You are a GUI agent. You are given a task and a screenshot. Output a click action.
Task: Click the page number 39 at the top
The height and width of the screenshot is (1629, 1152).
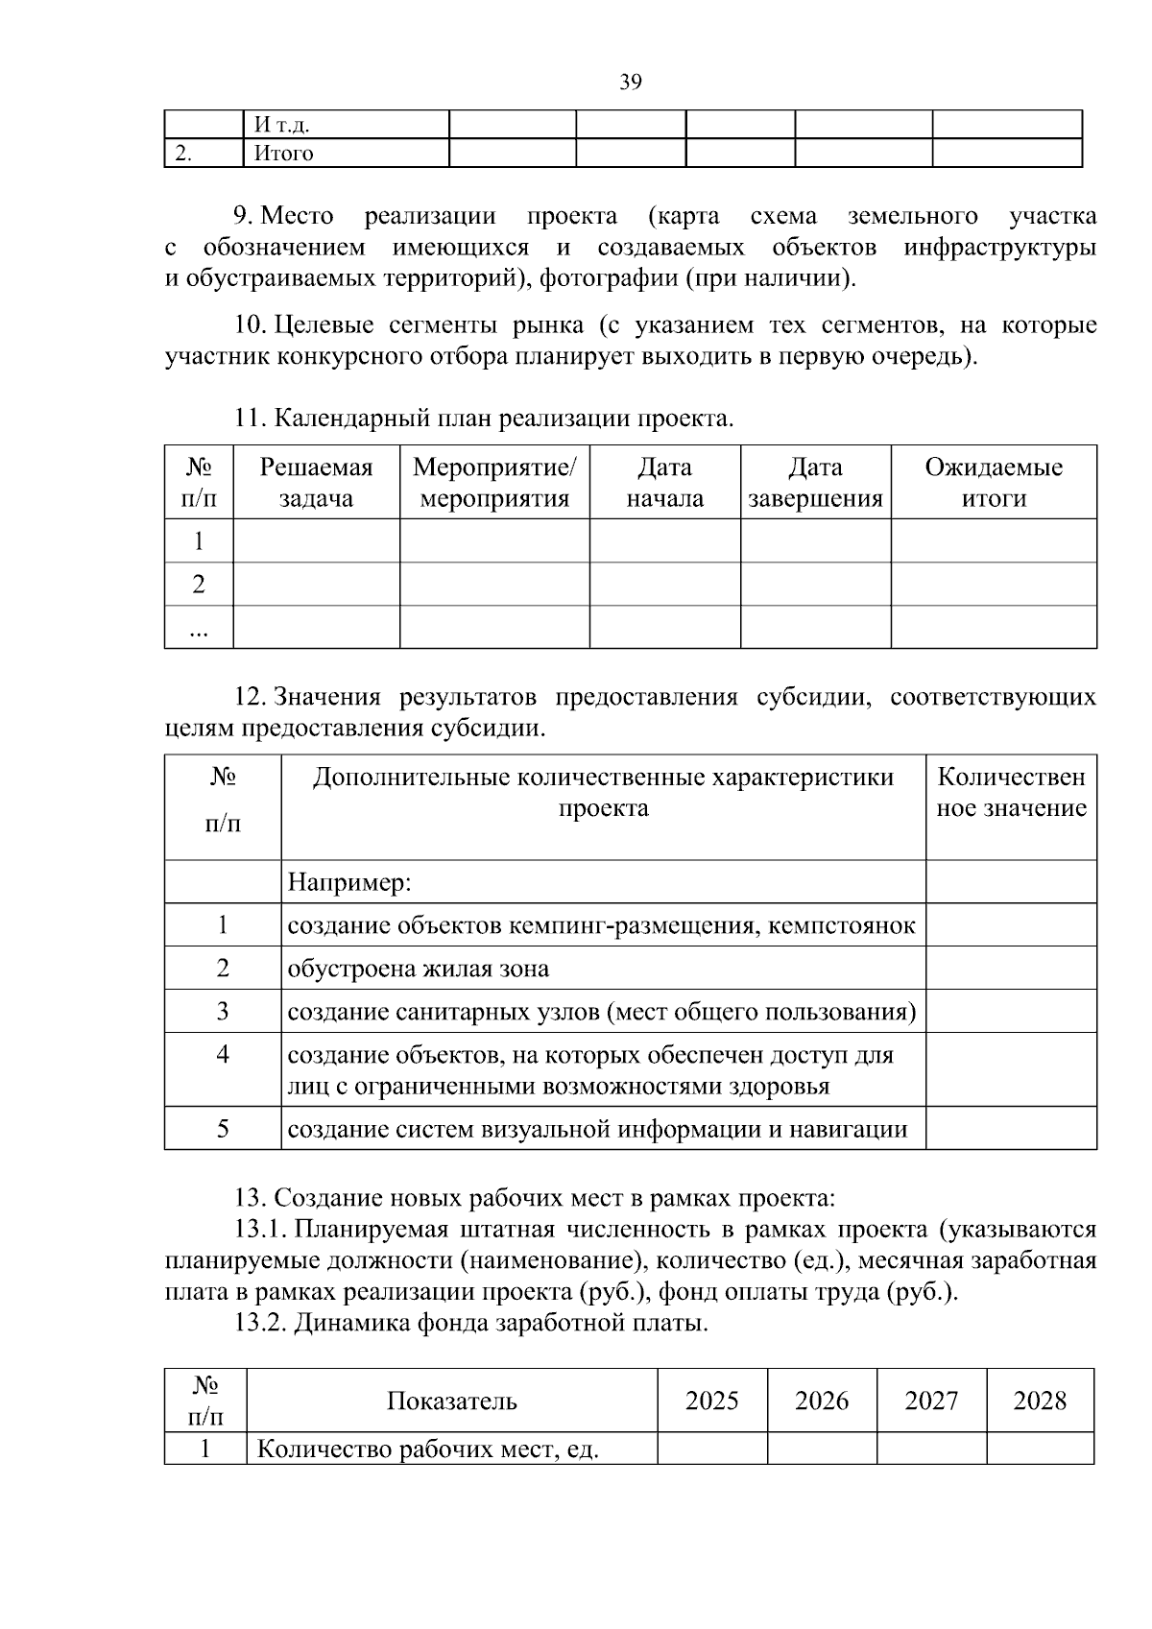(630, 83)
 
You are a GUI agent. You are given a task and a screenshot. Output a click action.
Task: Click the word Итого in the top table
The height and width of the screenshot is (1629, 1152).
(283, 154)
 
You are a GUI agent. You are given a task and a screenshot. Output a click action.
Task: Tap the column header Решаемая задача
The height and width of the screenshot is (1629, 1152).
(316, 483)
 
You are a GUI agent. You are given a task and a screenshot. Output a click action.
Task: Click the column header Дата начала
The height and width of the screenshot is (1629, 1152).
(664, 483)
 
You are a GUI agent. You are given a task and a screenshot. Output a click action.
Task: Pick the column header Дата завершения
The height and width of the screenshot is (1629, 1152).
(815, 483)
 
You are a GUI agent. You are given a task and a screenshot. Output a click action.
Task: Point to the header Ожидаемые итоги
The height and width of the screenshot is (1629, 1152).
(994, 483)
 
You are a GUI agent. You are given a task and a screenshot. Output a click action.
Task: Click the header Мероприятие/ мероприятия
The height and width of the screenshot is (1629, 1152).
(494, 483)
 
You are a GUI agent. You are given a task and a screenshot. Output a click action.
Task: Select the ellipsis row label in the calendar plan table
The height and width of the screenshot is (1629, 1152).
(199, 628)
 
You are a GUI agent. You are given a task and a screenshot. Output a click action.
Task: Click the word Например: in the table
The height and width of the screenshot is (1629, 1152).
(349, 882)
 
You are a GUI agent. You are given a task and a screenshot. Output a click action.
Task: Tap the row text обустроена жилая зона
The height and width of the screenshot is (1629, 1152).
(419, 969)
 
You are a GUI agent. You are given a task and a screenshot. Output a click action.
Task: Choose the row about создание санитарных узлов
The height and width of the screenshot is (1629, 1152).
(602, 1012)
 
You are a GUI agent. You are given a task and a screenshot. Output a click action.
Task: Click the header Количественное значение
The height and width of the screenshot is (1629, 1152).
(1011, 793)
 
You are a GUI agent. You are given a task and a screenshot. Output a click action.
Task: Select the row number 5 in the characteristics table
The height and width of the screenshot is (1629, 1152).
(223, 1129)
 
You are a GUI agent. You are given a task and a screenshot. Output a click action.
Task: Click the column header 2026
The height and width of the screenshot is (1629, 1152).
(822, 1401)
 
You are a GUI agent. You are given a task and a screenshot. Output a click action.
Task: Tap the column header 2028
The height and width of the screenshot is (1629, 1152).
(1040, 1401)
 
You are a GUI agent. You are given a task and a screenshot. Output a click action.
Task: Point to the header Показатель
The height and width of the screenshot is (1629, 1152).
(451, 1401)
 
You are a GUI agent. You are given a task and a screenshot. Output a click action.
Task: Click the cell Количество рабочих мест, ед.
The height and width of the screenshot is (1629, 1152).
(428, 1449)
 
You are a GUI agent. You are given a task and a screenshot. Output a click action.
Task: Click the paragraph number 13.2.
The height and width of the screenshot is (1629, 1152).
(260, 1324)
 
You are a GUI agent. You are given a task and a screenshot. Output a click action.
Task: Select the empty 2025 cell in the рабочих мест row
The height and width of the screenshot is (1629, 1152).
(712, 1449)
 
